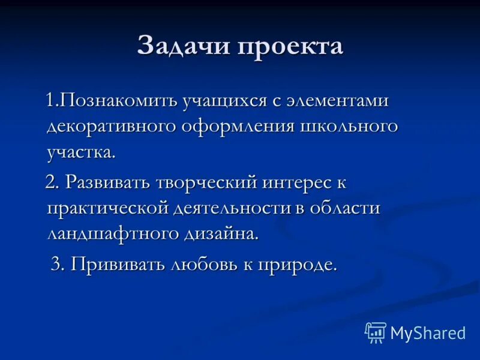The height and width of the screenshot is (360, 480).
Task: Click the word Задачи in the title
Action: (x=181, y=46)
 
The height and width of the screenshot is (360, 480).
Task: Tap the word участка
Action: (x=80, y=152)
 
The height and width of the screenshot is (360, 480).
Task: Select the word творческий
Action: (x=206, y=182)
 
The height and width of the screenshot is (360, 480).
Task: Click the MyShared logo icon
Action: (x=375, y=332)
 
